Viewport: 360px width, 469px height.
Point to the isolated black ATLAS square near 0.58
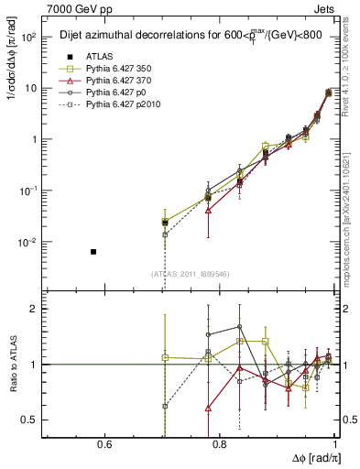[x=93, y=251]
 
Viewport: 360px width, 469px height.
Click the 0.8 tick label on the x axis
[x=220, y=445]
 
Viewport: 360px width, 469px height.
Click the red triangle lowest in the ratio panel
[x=209, y=408]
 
